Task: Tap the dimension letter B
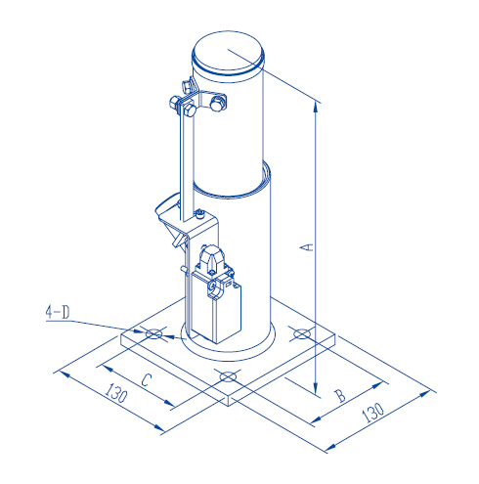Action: click(339, 395)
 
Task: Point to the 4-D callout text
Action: click(58, 313)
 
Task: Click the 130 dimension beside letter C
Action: click(115, 395)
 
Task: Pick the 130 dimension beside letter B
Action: click(372, 412)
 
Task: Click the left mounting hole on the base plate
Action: click(153, 335)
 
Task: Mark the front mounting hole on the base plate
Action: click(228, 376)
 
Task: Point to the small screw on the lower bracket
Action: click(199, 214)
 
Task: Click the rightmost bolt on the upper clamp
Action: click(218, 101)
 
